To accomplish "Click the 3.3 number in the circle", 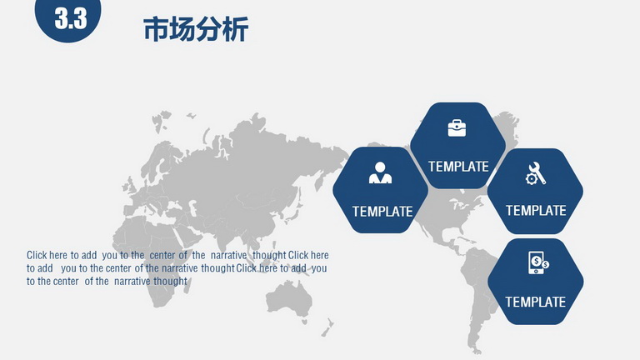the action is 71,18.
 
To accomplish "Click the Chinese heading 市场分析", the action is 196,29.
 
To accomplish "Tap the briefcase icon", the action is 457,128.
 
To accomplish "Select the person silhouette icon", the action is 380,172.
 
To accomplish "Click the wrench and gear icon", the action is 535,173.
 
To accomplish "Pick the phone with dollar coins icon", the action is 538,262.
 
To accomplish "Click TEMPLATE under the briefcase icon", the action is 458,167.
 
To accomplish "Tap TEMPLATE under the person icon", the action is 382,212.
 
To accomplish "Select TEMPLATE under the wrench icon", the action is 536,211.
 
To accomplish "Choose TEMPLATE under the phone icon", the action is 536,302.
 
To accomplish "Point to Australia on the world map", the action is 288,300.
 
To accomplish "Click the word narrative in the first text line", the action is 228,256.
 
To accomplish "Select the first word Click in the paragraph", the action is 37,255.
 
